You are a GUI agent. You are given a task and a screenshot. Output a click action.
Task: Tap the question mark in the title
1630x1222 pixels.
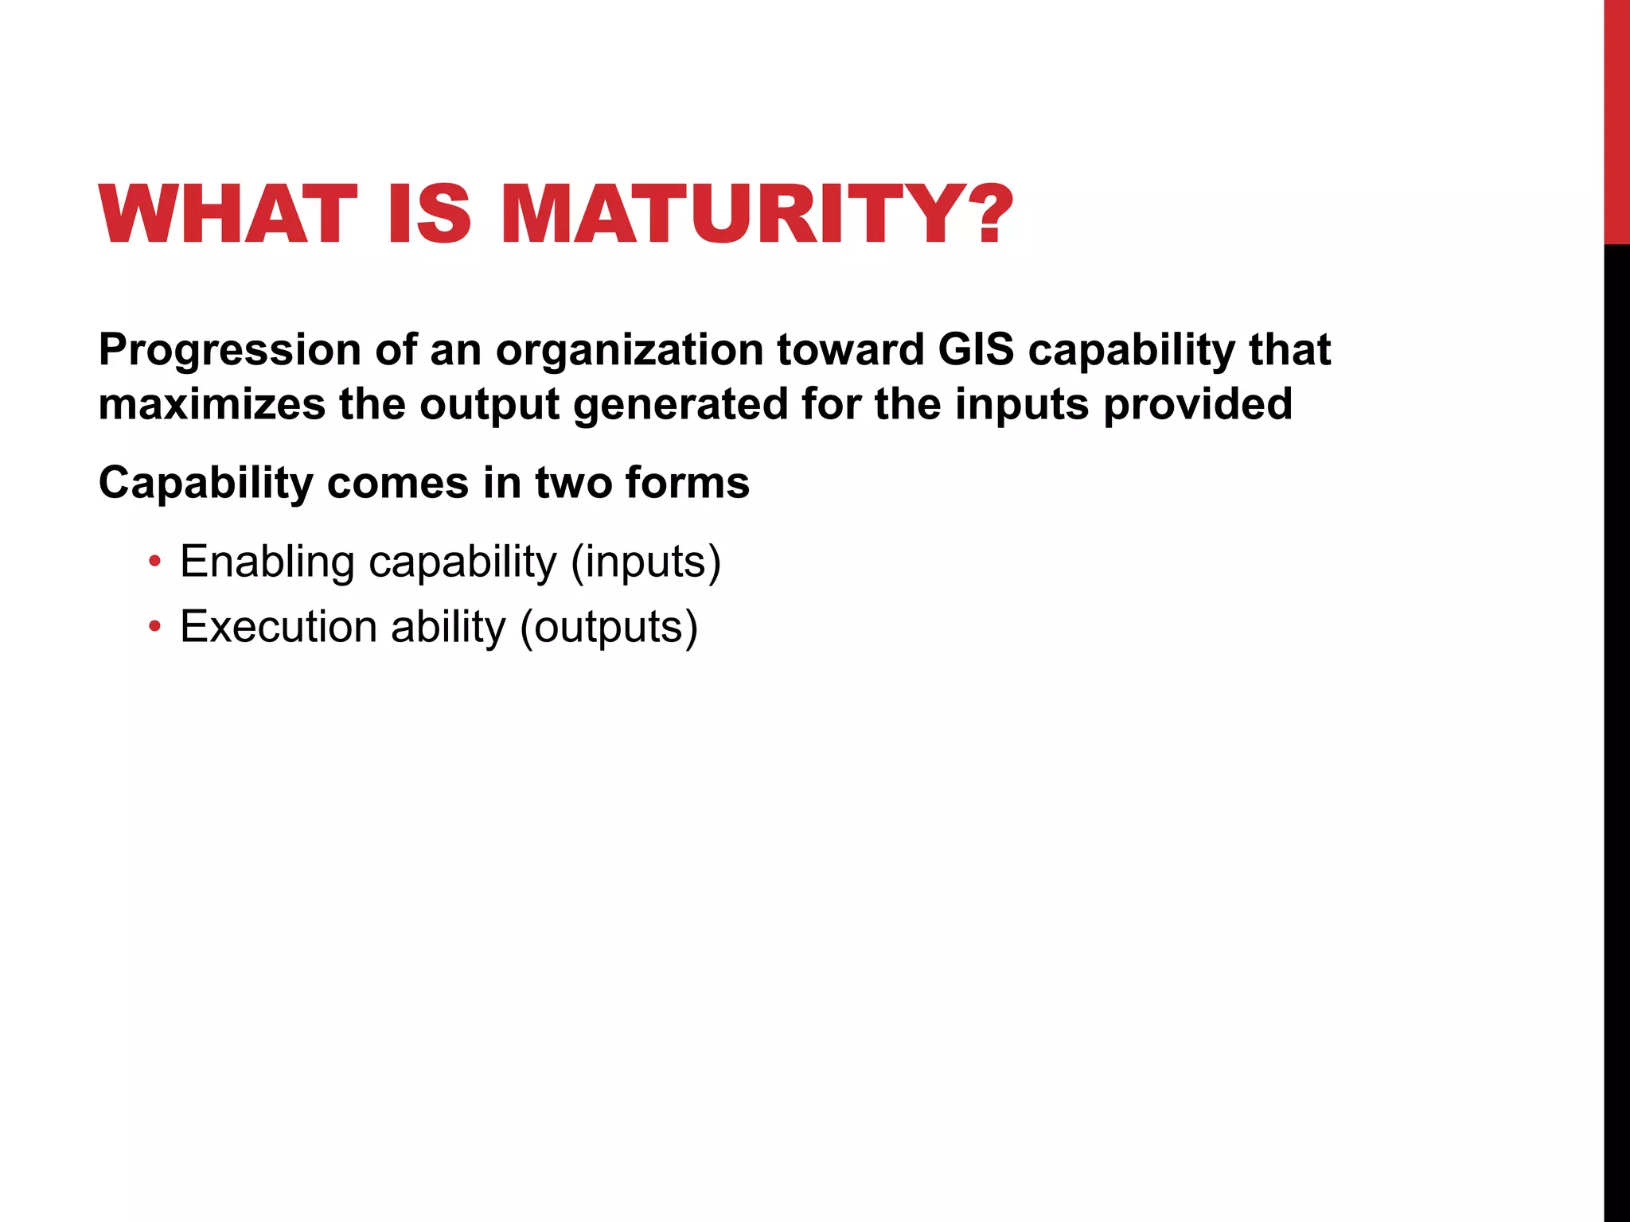(990, 214)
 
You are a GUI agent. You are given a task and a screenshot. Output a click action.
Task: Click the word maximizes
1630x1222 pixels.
(212, 404)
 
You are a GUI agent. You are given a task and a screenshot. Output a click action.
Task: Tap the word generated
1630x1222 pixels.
(680, 404)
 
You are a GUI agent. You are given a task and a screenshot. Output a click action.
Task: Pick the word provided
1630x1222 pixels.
(1197, 404)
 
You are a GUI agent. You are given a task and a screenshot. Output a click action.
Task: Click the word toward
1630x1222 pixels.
(850, 350)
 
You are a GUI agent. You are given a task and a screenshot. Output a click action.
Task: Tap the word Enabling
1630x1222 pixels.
(267, 562)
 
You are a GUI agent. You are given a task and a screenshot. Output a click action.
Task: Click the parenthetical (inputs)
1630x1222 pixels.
(645, 562)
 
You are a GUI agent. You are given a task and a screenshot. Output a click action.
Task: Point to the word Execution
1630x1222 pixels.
(279, 627)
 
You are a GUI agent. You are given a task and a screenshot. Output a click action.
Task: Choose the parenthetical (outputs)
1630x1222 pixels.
(609, 627)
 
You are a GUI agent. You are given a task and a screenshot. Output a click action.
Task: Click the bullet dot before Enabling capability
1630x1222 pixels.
(154, 562)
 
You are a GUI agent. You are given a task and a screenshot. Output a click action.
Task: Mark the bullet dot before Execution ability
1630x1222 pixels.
(154, 627)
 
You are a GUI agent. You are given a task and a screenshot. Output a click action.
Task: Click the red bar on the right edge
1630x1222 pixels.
(1616, 119)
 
